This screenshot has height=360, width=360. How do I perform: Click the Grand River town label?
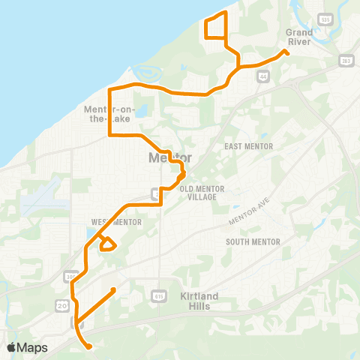(301, 37)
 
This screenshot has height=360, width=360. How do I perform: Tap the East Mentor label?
(248, 146)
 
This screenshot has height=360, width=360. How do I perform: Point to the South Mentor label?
(253, 241)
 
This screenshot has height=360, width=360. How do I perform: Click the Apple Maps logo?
(27, 347)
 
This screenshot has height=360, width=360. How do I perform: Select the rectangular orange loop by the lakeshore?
(215, 27)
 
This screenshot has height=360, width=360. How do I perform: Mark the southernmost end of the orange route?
(90, 347)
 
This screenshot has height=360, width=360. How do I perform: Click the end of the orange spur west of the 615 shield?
(112, 289)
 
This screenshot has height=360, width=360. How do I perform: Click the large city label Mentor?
(170, 158)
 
